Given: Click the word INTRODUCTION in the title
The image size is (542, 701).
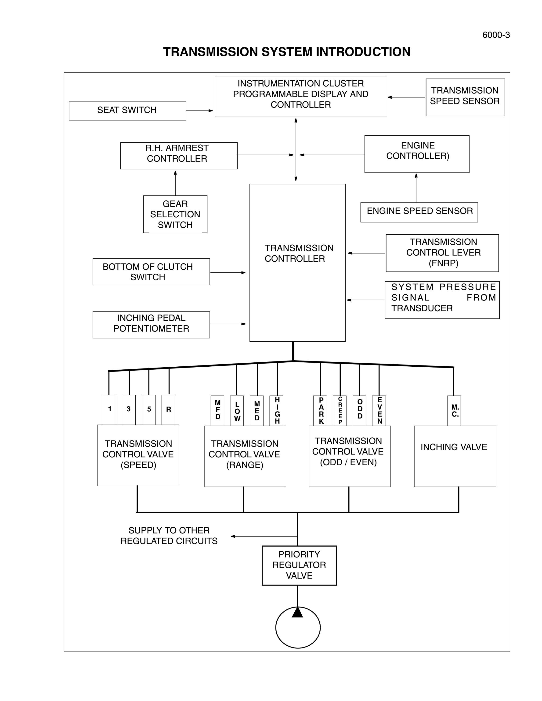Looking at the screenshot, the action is [x=363, y=52].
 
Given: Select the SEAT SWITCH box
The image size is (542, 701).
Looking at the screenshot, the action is [x=127, y=111].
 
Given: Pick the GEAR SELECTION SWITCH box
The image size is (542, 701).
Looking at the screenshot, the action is [x=175, y=214].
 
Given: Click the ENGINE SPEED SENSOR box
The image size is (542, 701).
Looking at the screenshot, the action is [x=419, y=212].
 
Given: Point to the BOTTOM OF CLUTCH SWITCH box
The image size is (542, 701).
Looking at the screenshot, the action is [x=151, y=272].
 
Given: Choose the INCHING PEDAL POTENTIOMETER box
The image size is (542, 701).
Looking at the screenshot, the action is [x=151, y=325].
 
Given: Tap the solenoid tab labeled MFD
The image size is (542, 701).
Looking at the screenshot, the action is [x=217, y=411].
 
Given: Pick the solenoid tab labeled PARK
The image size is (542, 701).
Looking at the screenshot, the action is [x=320, y=411].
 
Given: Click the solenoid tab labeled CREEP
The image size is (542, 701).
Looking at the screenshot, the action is [x=340, y=411].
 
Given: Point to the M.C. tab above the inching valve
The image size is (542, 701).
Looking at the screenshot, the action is [x=454, y=411].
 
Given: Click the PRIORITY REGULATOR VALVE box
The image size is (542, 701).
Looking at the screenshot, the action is [x=299, y=565].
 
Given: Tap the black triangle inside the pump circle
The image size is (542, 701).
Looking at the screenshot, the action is [x=298, y=612].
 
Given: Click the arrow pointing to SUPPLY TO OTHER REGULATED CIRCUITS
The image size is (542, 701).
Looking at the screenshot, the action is [x=264, y=536].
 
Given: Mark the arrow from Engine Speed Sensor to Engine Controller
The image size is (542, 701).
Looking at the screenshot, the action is [x=416, y=188].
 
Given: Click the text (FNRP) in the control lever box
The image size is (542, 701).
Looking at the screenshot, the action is [x=443, y=263].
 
